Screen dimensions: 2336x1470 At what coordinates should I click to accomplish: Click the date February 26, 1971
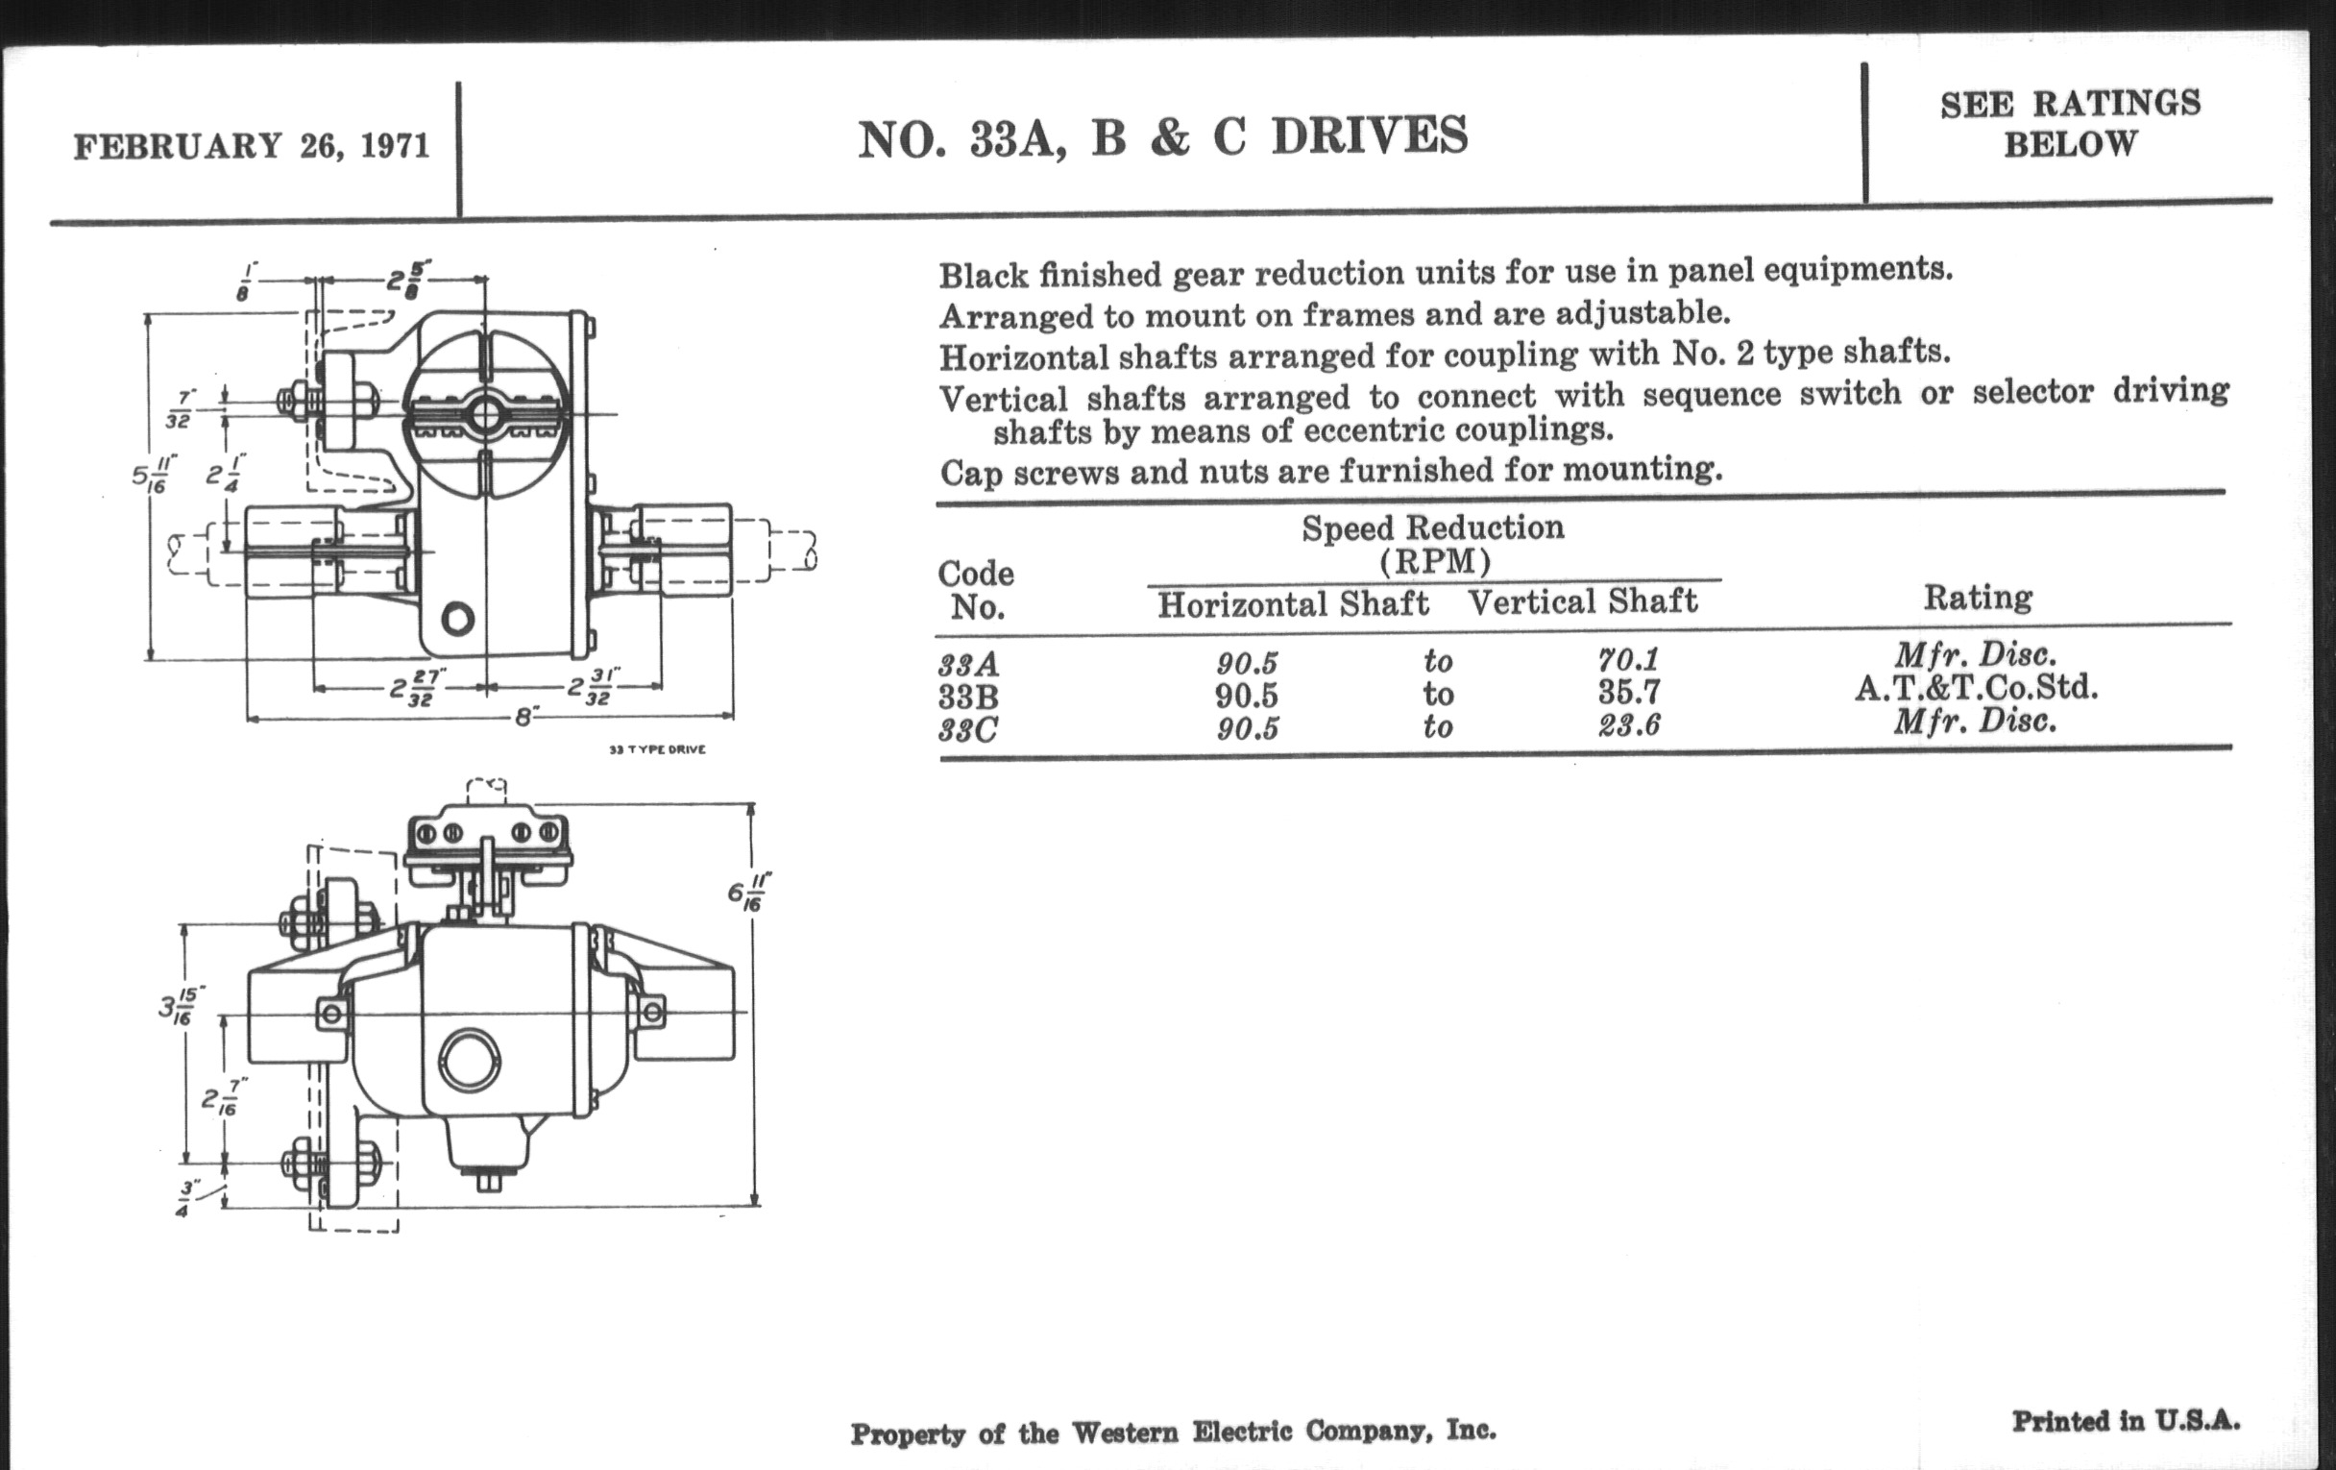click(x=252, y=146)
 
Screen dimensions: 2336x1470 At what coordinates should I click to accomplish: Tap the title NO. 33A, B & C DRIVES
click(x=1162, y=137)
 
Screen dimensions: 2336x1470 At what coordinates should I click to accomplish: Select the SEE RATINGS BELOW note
click(x=2070, y=123)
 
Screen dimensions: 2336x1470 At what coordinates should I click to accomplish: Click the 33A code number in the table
click(x=968, y=665)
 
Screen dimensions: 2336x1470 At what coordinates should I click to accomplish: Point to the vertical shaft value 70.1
click(x=1629, y=660)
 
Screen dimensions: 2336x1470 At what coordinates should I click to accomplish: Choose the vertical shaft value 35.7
click(x=1629, y=693)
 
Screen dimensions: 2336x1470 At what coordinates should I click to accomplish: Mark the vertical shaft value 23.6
click(x=1629, y=725)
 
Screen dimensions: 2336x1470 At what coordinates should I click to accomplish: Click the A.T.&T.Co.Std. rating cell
click(x=1976, y=688)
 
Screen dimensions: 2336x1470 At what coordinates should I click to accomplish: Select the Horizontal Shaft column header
click(x=1293, y=604)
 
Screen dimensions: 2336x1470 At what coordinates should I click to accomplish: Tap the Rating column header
click(x=1977, y=598)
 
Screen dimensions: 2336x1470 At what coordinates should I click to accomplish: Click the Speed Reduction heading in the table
click(x=1433, y=528)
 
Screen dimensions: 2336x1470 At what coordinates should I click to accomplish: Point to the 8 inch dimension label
click(x=524, y=718)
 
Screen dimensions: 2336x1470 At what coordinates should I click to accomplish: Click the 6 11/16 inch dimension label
click(x=750, y=892)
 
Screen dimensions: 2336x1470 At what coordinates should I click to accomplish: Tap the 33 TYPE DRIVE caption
click(x=657, y=750)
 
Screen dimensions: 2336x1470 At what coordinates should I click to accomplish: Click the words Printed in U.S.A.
click(x=2126, y=1422)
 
